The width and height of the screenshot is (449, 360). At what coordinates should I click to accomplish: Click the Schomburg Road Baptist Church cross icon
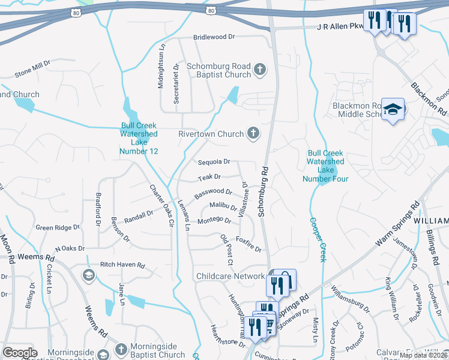(260, 70)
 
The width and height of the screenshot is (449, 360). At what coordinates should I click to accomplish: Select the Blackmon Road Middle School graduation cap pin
(393, 110)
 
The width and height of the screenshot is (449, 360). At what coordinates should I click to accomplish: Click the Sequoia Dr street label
(214, 161)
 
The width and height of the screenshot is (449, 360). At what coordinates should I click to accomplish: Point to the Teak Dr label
(209, 178)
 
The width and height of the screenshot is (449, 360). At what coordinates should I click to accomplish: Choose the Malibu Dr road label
(223, 206)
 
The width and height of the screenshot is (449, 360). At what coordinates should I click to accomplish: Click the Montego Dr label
(214, 221)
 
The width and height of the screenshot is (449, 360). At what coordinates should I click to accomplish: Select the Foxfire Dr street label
(249, 245)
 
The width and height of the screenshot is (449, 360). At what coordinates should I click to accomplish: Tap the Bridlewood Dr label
(214, 37)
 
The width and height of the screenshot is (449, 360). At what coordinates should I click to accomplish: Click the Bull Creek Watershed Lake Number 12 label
(139, 139)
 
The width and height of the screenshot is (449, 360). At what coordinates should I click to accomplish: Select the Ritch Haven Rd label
(122, 265)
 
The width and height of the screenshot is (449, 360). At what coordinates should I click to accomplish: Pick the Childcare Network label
(231, 276)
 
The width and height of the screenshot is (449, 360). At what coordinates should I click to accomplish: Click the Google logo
(20, 353)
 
